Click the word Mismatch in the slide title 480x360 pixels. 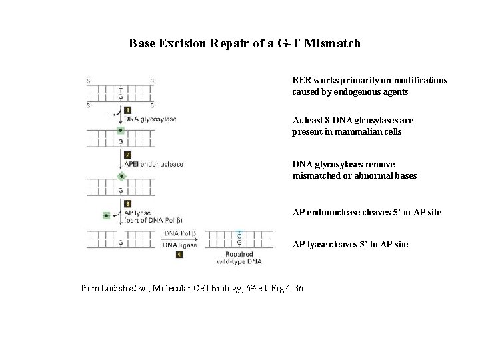(x=331, y=43)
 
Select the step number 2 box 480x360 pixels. (x=127, y=155)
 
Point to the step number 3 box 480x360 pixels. (x=127, y=203)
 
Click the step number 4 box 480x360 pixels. (x=179, y=254)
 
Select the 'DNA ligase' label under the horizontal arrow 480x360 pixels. (x=180, y=245)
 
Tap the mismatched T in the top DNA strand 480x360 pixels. (x=121, y=90)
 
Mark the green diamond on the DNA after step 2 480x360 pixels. (x=121, y=176)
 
